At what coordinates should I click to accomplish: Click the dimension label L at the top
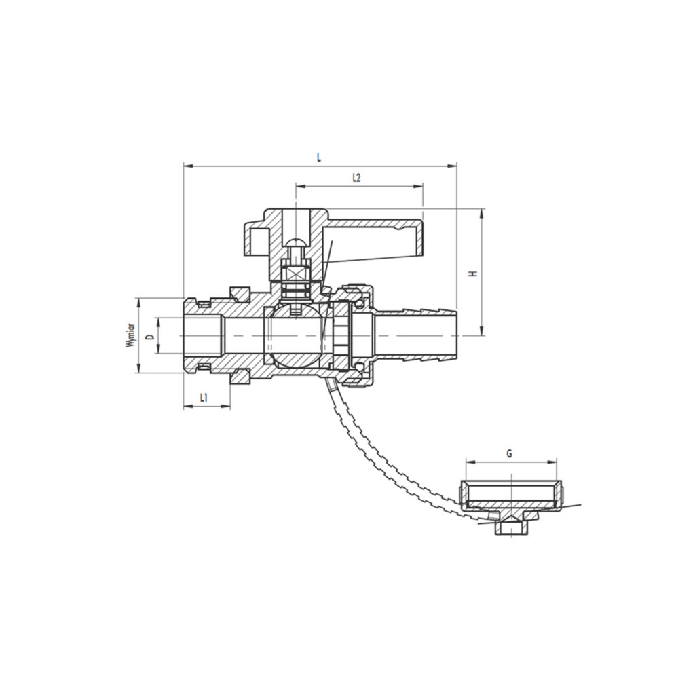pos(318,157)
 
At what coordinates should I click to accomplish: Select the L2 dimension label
pos(356,178)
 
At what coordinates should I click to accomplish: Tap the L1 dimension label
pos(204,398)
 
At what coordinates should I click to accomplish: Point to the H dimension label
pos(474,273)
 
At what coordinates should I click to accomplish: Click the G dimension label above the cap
pos(509,453)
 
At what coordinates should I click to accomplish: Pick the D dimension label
pos(151,337)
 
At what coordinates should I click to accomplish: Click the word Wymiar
pos(131,335)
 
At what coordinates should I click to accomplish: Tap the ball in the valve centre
pos(295,335)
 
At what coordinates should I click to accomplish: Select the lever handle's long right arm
pos(375,237)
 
